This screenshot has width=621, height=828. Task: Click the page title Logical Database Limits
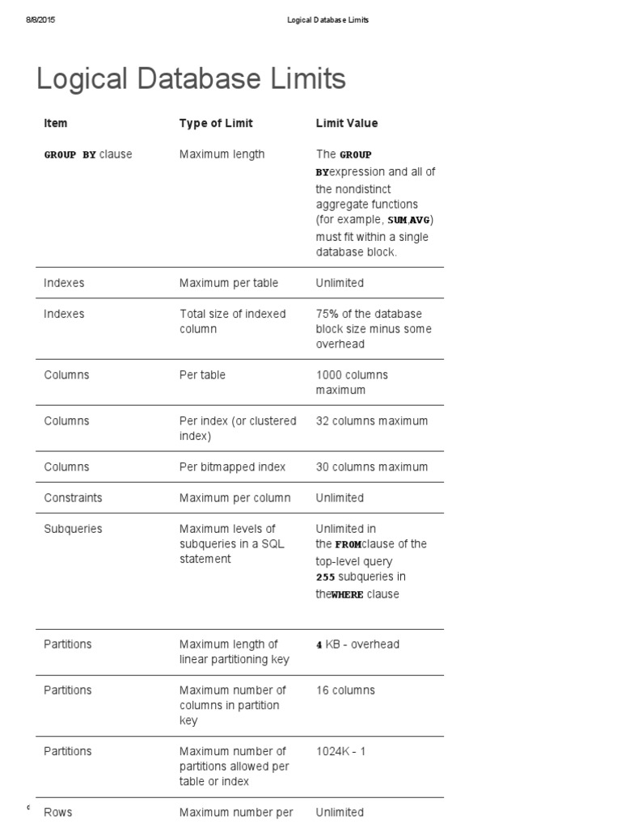click(191, 79)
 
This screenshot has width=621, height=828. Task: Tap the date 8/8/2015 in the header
click(38, 20)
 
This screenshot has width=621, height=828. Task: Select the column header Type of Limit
click(216, 123)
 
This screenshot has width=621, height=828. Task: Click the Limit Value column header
click(346, 123)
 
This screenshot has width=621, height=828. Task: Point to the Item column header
click(56, 123)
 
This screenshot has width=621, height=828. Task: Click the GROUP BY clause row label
click(87, 154)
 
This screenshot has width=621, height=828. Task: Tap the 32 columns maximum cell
click(371, 420)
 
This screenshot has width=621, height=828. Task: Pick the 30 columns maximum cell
click(371, 467)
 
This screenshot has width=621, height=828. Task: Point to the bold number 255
click(325, 577)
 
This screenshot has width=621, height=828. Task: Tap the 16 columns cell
click(345, 690)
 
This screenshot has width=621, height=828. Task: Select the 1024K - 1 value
click(340, 751)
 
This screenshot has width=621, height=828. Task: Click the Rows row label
click(57, 812)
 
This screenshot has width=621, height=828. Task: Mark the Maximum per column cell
click(234, 497)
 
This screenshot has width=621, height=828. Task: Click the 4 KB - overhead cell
click(357, 644)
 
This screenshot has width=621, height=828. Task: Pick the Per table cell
click(202, 374)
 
